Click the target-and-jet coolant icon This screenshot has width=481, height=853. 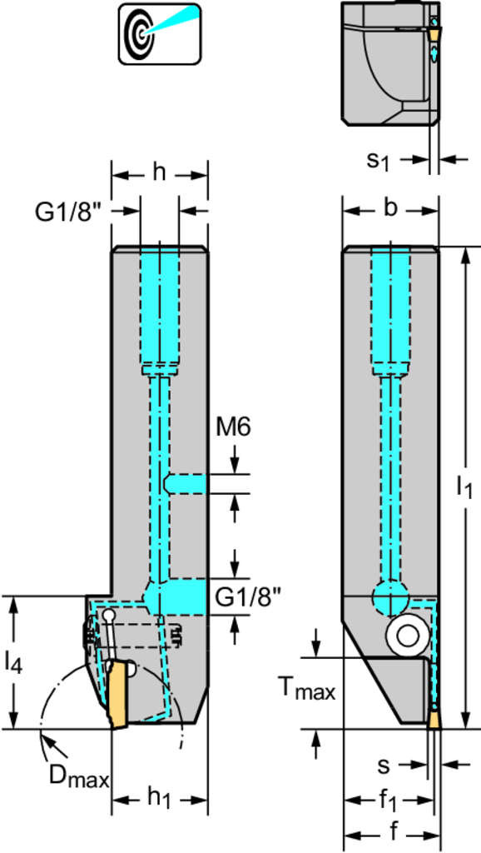159,33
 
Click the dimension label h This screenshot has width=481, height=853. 159,173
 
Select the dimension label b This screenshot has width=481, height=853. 389,208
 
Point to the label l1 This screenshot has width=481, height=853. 464,487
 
